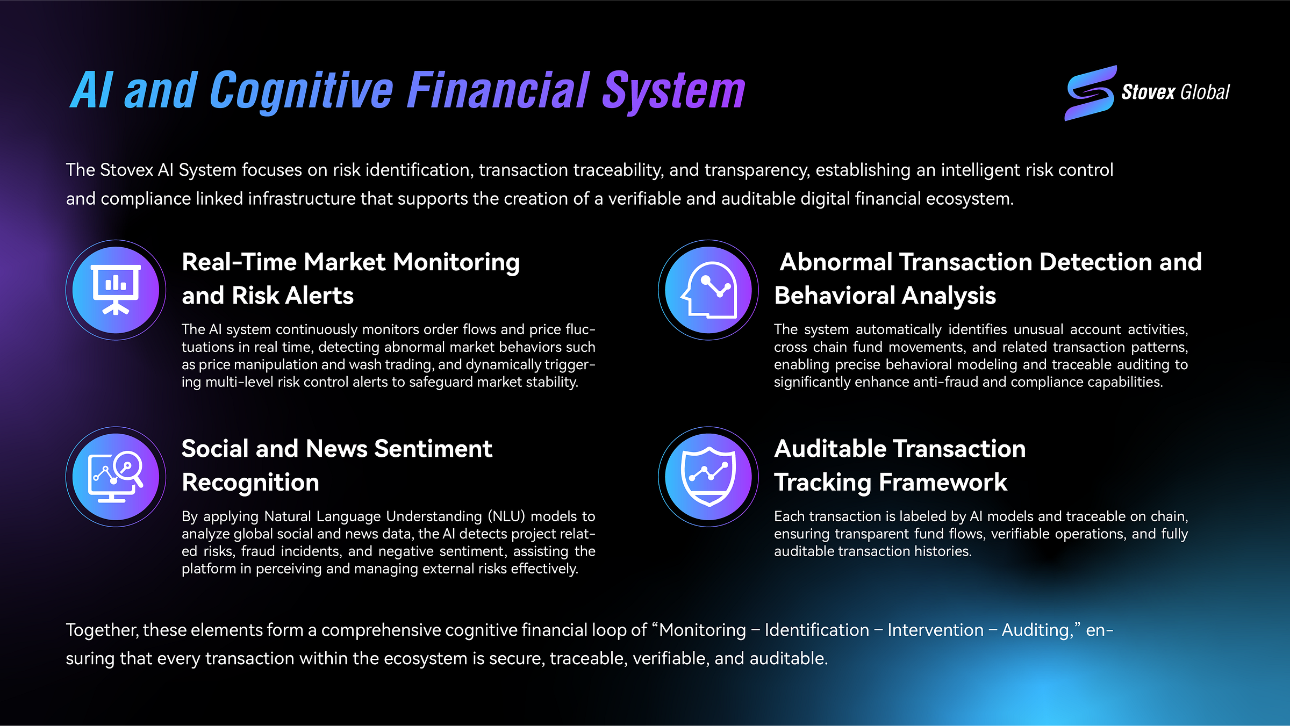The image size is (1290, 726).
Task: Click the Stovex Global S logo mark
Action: click(1090, 93)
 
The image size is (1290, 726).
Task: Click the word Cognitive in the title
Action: click(302, 91)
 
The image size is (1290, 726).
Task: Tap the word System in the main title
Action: click(673, 91)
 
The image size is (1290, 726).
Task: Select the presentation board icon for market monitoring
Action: click(116, 290)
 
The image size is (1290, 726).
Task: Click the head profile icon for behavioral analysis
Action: click(708, 290)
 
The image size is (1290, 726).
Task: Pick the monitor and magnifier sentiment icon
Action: click(116, 477)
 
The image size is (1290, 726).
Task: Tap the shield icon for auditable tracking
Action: click(708, 477)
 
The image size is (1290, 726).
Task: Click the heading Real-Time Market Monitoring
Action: click(350, 262)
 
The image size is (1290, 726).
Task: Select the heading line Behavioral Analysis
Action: click(885, 296)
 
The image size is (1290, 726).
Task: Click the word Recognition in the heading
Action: click(250, 483)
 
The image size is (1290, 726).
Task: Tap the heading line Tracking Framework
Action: click(890, 483)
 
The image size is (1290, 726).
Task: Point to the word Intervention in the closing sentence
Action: click(935, 630)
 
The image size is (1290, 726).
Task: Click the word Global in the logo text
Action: click(1205, 92)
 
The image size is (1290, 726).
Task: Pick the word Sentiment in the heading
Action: click(433, 449)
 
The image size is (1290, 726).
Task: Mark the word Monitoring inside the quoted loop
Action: click(703, 630)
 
